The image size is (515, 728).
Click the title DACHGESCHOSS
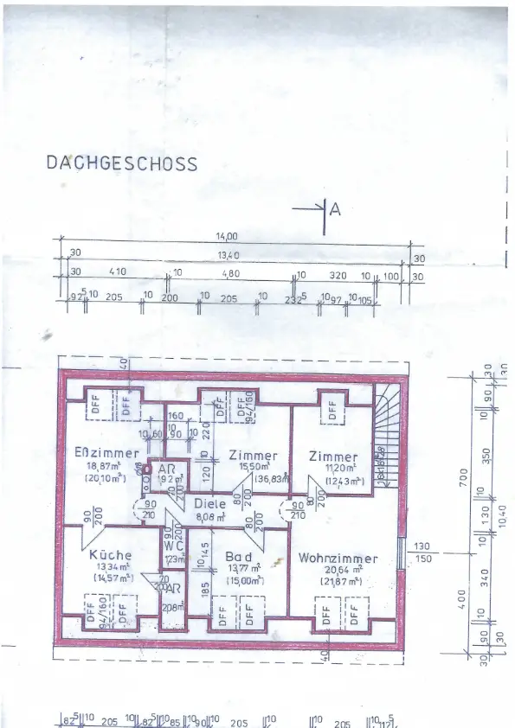pyautogui.click(x=121, y=163)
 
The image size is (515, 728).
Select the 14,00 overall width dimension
pyautogui.click(x=227, y=235)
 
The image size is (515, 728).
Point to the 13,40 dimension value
pyautogui.click(x=227, y=254)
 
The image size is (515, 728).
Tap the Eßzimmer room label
pyautogui.click(x=107, y=453)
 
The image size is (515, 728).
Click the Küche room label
pyautogui.click(x=110, y=555)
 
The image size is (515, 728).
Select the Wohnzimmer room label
pyautogui.click(x=338, y=559)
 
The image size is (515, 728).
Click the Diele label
pyautogui.click(x=209, y=504)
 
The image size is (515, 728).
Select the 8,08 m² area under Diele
pyautogui.click(x=209, y=517)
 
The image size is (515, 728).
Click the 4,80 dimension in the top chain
pyautogui.click(x=230, y=273)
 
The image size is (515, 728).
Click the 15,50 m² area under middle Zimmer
pyautogui.click(x=252, y=467)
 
